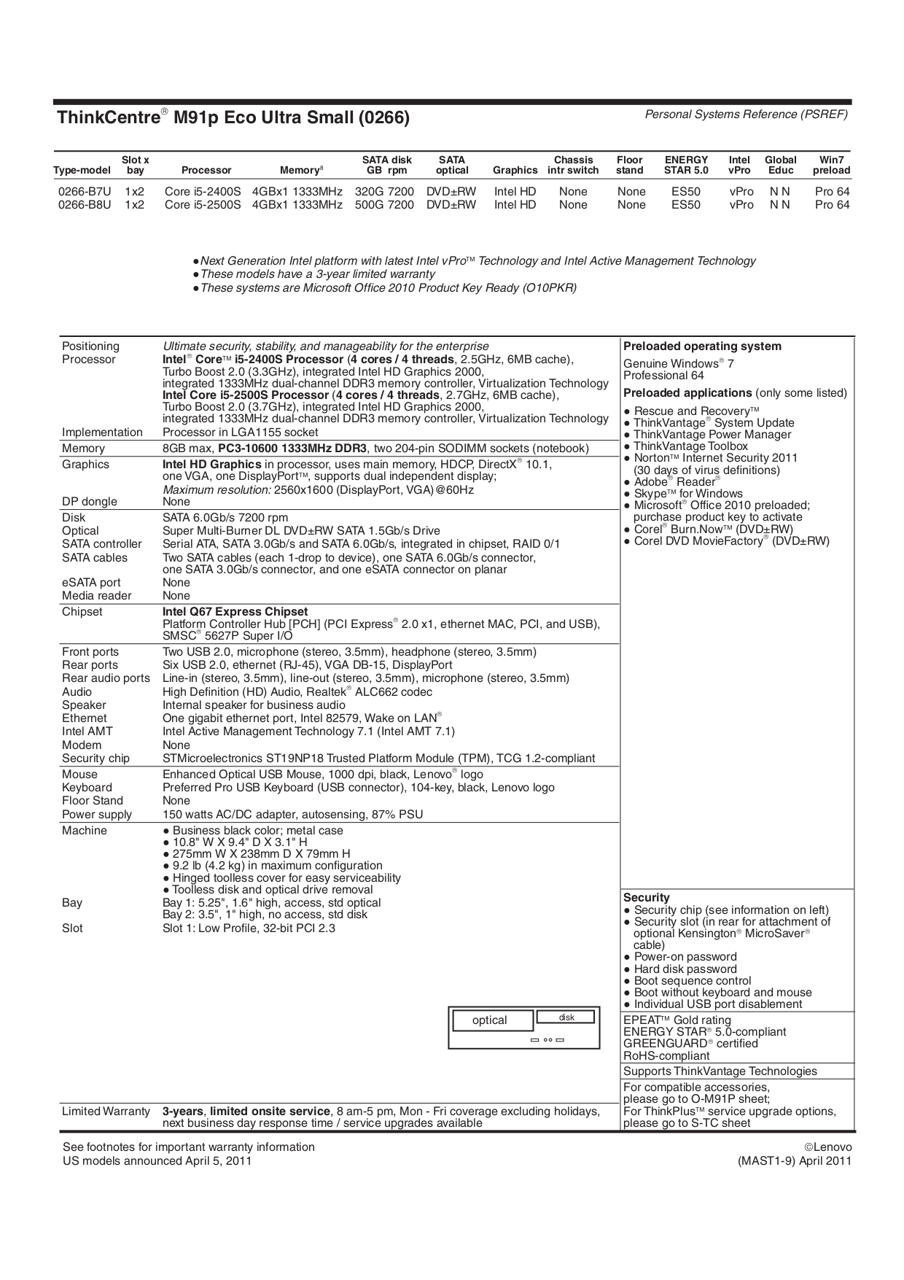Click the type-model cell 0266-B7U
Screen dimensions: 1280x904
85,191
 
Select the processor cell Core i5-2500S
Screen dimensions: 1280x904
202,205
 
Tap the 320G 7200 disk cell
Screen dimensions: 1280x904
384,191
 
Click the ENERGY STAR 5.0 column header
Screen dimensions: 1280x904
685,165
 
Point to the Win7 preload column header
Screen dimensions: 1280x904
831,165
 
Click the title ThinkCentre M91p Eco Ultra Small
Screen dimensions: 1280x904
233,117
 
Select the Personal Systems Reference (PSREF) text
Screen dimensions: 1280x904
746,115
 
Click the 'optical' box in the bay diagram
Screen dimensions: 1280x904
489,1020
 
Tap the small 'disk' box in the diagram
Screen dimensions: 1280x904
566,1017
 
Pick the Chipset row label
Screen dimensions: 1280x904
82,612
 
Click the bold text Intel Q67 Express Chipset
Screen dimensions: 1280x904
235,612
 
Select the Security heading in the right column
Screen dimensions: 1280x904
646,898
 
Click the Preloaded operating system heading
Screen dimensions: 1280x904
701,346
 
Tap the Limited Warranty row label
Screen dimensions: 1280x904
106,1112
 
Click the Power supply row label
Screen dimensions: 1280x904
97,815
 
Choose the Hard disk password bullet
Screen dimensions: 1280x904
685,969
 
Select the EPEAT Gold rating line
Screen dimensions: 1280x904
677,1020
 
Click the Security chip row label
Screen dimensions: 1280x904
96,759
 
